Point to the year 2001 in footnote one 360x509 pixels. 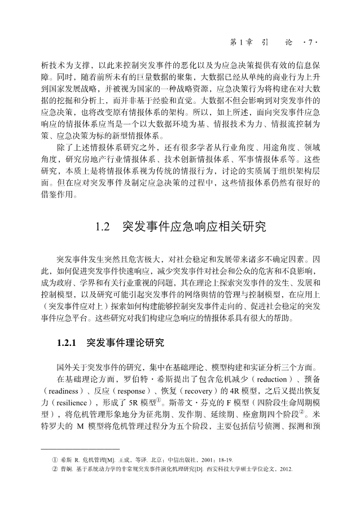pyautogui.click(x=200, y=460)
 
